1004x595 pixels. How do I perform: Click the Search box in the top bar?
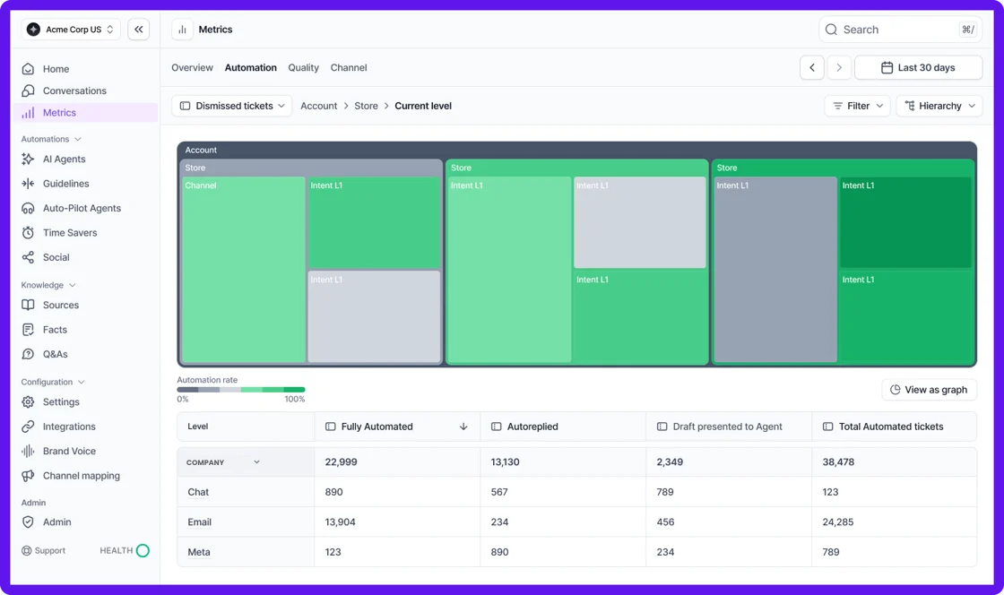tap(900, 30)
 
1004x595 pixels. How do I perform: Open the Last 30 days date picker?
tap(918, 67)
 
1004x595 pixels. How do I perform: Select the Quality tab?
tap(304, 67)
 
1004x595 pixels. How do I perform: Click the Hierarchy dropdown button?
tap(939, 106)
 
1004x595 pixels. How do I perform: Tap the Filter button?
tap(857, 106)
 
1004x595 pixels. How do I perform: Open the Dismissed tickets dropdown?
tap(232, 106)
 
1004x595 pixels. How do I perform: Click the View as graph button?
tap(929, 390)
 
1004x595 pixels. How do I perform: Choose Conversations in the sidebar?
tap(74, 91)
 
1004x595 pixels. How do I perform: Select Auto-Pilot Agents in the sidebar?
tap(82, 208)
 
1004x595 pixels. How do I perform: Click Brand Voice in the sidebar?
tap(69, 451)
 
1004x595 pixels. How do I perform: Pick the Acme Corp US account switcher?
tap(71, 30)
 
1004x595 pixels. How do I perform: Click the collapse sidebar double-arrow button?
tap(139, 30)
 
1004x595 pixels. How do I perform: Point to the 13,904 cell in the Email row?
tap(341, 522)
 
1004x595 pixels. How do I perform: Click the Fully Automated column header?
tap(376, 427)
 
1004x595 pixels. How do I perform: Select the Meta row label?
tap(199, 552)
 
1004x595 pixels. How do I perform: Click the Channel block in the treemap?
tap(244, 269)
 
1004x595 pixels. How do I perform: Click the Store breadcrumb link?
tap(366, 106)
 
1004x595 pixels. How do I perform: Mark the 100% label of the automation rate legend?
tap(294, 399)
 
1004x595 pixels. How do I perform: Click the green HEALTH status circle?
tap(143, 550)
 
